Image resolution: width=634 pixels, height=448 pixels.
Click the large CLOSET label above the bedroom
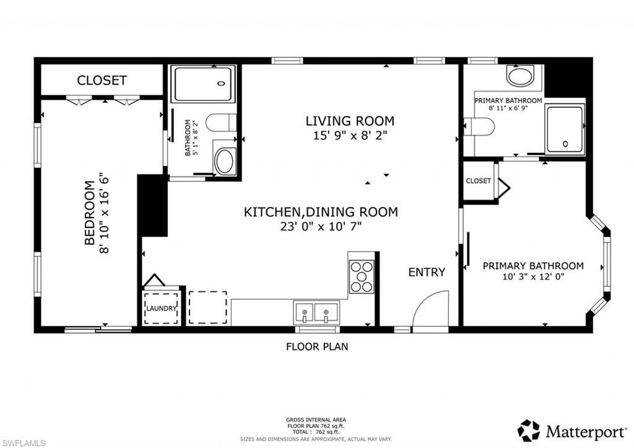coord(102,81)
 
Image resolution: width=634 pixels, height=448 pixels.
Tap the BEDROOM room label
coord(89,212)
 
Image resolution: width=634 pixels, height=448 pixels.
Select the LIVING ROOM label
coord(350,121)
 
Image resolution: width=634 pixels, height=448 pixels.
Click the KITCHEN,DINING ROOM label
coord(320,212)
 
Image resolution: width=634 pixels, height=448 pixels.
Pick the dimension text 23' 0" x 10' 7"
coord(320,226)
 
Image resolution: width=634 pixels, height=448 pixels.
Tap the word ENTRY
coord(427,272)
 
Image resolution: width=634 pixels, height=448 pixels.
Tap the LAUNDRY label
coord(162,308)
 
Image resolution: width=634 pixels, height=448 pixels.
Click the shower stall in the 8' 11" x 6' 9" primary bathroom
coord(565,129)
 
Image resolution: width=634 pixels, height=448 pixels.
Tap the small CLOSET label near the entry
coord(478,181)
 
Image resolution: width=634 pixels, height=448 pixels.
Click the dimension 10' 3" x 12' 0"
coord(533,277)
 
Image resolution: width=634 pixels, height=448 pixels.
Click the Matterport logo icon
coord(529,430)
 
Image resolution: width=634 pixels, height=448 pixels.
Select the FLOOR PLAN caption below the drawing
coord(316,346)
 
